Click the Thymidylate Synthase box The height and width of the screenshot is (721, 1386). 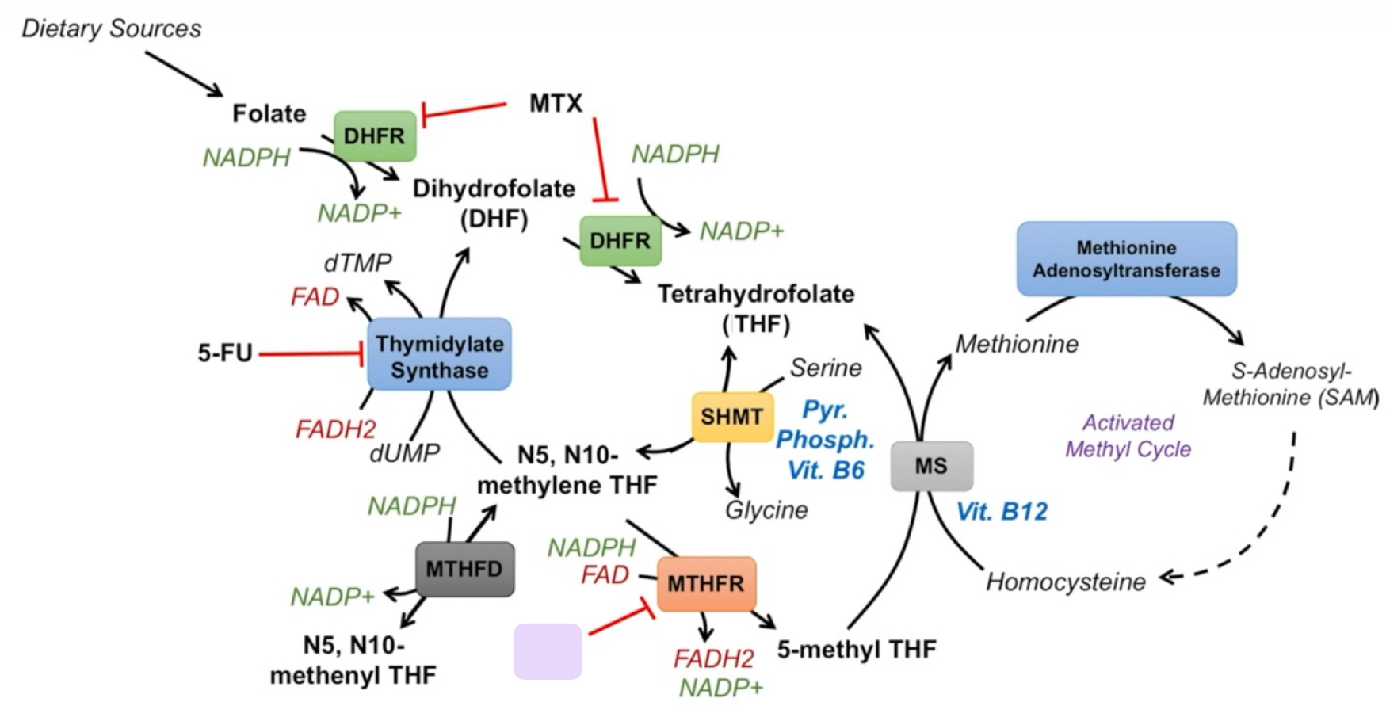point(439,354)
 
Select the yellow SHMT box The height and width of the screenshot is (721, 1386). point(731,417)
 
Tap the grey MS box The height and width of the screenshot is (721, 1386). point(931,466)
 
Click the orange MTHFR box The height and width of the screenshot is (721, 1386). point(705,584)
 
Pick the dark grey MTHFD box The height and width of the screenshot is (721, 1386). point(464,569)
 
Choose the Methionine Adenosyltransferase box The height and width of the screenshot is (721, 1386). point(1126,259)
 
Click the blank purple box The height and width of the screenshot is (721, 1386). point(548,651)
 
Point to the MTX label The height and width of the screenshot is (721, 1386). point(556,103)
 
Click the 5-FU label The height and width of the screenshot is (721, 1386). point(224,353)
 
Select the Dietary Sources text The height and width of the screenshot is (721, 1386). point(111,29)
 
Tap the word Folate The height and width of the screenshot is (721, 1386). point(269,113)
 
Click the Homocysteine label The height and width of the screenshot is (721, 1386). point(1065,582)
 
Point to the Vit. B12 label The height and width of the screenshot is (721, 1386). point(1002,511)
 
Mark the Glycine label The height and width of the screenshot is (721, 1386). point(766,509)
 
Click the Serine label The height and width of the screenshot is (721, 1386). point(826,368)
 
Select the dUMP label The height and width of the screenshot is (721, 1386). point(404,453)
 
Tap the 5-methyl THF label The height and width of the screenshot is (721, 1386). point(856,650)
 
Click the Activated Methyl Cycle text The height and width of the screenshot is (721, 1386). point(1128,436)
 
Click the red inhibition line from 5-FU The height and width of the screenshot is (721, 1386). point(309,353)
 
